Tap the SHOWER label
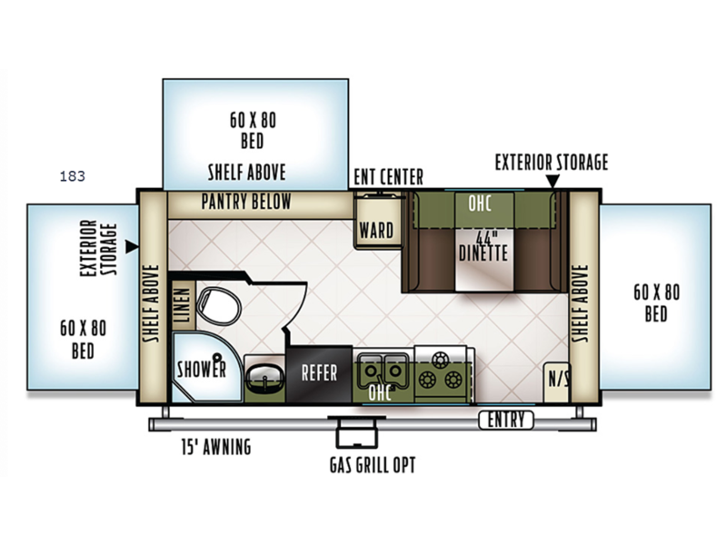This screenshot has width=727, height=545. tap(202, 370)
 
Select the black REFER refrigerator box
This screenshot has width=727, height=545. tap(319, 374)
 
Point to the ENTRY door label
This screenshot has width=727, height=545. tap(506, 420)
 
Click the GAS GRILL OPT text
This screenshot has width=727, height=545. tap(373, 465)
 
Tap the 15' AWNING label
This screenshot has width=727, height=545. tap(216, 446)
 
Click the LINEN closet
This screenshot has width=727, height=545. tap(183, 304)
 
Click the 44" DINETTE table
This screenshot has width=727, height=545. tap(484, 260)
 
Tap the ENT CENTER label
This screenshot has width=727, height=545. tap(389, 176)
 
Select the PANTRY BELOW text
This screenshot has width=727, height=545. tap(246, 202)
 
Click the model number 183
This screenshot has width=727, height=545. tap(73, 176)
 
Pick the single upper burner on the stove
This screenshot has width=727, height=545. tap(440, 359)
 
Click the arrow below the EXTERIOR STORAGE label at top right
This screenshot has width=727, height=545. tap(553, 181)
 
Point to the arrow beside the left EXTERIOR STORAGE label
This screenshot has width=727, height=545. tap(133, 246)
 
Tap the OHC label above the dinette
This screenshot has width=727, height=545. tap(480, 203)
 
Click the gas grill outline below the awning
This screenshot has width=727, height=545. tap(356, 432)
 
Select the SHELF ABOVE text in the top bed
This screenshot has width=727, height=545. tap(246, 173)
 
